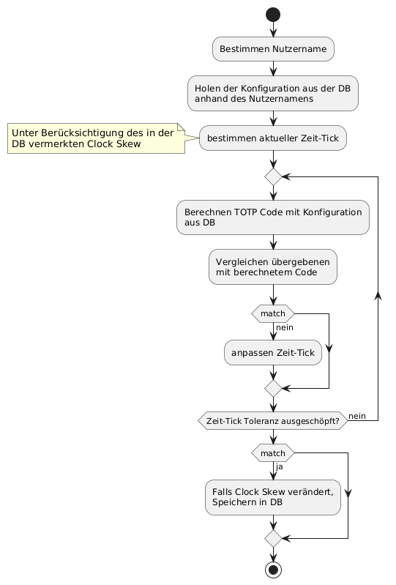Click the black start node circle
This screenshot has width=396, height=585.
tap(273, 15)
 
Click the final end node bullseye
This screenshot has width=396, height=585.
tap(273, 570)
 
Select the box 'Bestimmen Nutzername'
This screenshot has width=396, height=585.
tap(273, 49)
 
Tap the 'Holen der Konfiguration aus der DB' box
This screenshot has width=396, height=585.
tap(273, 93)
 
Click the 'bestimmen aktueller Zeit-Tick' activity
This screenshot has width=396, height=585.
tap(273, 138)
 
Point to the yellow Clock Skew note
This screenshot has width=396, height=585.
tap(96, 138)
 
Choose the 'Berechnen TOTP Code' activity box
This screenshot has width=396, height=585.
tap(273, 217)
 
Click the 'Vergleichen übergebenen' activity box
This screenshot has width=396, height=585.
tap(273, 267)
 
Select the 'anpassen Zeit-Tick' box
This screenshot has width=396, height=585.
tap(273, 353)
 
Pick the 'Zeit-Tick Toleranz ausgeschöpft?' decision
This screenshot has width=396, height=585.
tap(273, 421)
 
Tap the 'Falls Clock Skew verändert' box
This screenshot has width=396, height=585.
tap(273, 497)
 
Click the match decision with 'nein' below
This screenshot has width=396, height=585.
tap(273, 313)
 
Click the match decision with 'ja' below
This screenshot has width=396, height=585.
tap(273, 453)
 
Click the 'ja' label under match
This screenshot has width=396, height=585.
tap(280, 466)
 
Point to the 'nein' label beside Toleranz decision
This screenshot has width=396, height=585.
tap(357, 416)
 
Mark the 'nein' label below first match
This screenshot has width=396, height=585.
tap(285, 327)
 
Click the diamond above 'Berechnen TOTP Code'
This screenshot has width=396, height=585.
tap(273, 177)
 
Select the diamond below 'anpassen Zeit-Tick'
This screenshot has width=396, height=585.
tap(273, 388)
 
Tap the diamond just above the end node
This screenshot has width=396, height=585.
tap(273, 538)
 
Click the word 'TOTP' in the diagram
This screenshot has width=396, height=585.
tap(246, 212)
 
